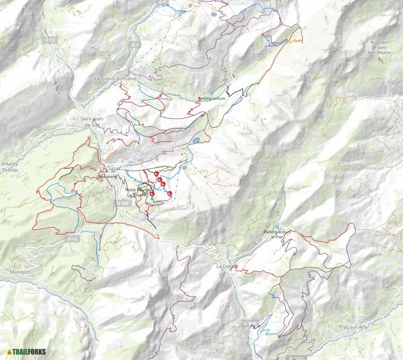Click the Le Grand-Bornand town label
pos(115,78)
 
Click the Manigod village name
pos(20,272)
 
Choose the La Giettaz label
pos(226,266)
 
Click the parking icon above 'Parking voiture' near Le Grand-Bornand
pos(211,93)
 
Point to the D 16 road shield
pos(72,239)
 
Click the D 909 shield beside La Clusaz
pos(122,203)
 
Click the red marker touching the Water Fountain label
pos(152,194)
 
